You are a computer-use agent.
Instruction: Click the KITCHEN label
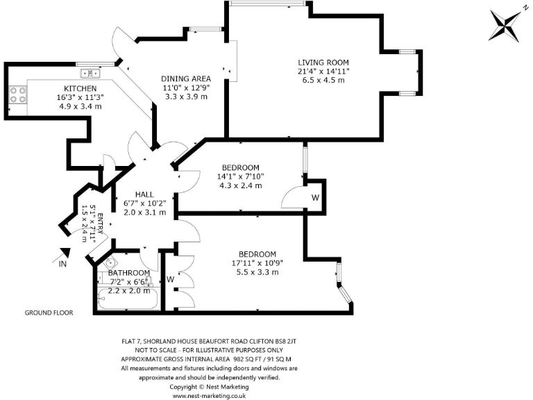tap(80, 88)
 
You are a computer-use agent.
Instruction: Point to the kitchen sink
tap(90, 72)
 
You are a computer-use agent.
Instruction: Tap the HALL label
tap(144, 194)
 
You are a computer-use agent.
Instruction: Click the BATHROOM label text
tap(128, 273)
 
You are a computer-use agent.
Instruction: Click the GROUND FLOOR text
tap(49, 312)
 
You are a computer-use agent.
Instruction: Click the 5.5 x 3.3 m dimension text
tap(257, 272)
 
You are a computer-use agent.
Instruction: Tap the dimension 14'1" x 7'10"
tap(240, 176)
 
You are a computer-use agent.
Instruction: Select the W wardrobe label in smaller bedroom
tap(315, 197)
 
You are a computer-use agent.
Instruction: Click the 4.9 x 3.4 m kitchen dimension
tap(80, 106)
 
